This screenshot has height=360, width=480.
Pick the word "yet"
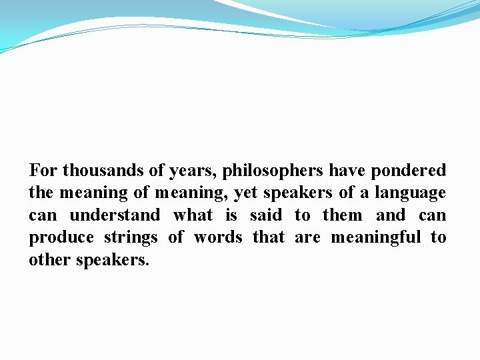pyautogui.click(x=246, y=193)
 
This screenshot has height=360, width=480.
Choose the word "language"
pyautogui.click(x=411, y=193)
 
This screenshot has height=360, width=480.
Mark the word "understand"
pyautogui.click(x=115, y=215)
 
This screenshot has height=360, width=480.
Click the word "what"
pyautogui.click(x=193, y=215)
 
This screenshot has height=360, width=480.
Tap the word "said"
pyautogui.click(x=265, y=215)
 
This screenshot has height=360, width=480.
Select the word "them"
pyautogui.click(x=343, y=215)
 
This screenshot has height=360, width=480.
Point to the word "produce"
pyautogui.click(x=59, y=238)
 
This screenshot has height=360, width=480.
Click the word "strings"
pyautogui.click(x=131, y=238)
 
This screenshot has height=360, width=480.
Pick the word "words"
pyautogui.click(x=218, y=237)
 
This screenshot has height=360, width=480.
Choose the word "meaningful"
pyautogui.click(x=376, y=237)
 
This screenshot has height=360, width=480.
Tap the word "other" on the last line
pyautogui.click(x=50, y=259)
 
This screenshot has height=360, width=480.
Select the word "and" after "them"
pyautogui.click(x=391, y=215)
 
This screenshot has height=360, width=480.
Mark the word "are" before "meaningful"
pyautogui.click(x=307, y=238)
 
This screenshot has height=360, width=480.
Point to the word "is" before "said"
pyautogui.click(x=231, y=215)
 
